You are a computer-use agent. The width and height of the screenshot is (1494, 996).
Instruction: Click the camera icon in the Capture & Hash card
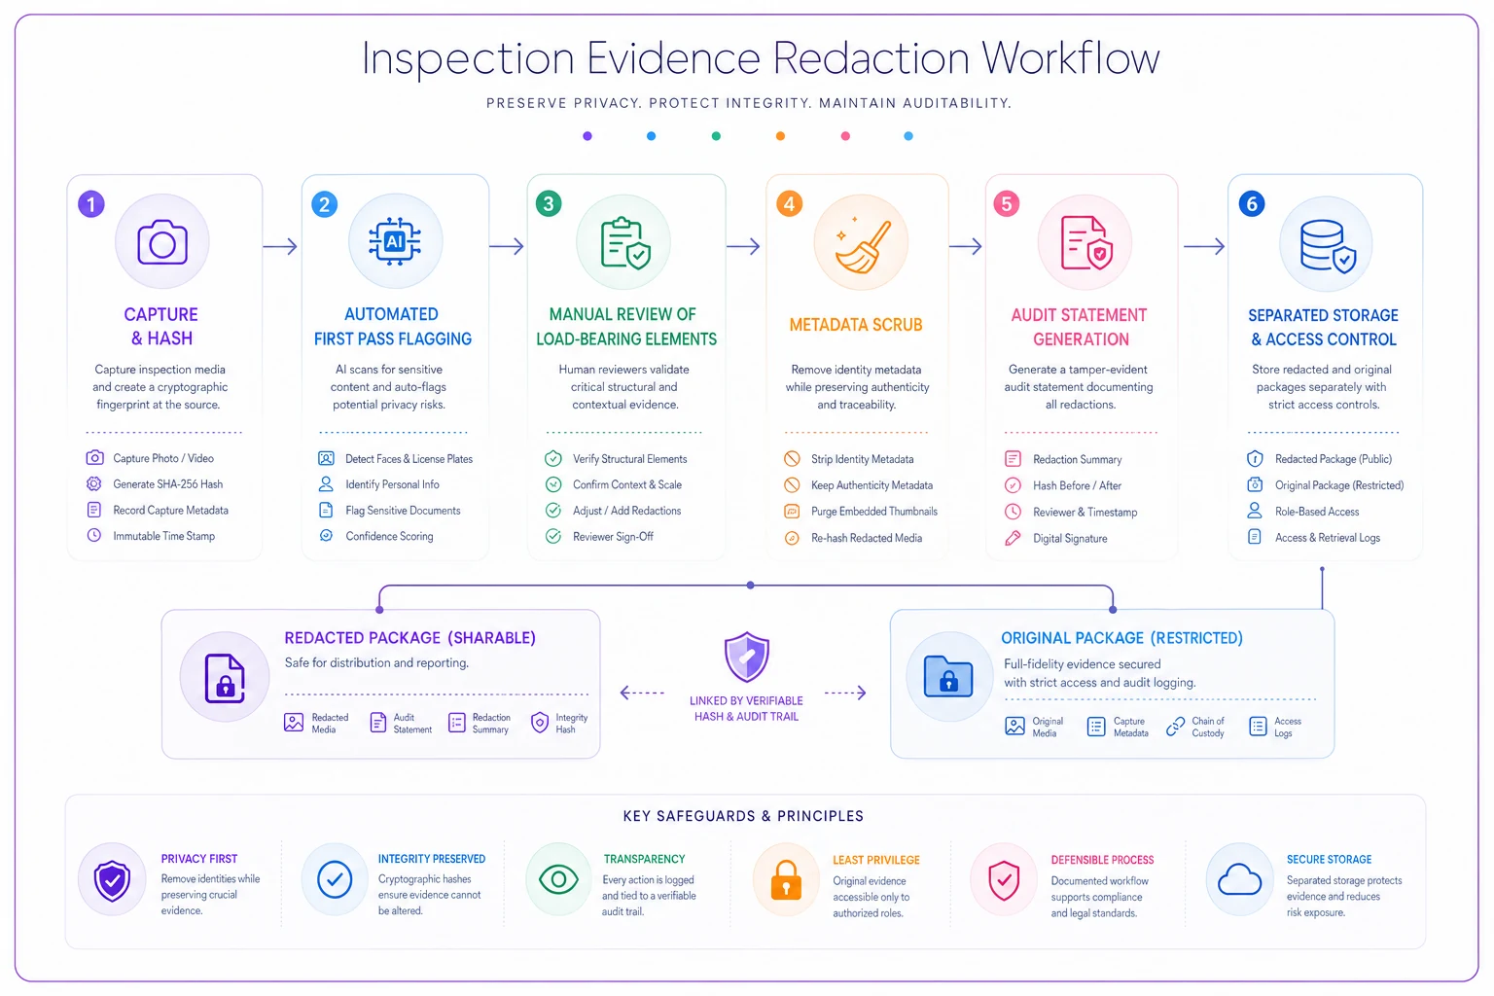click(x=162, y=243)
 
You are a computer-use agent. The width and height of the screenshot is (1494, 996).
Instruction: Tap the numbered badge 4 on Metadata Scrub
click(x=789, y=203)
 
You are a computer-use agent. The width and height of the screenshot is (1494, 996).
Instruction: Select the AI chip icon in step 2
click(x=395, y=241)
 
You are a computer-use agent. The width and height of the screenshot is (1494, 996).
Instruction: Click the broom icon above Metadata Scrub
click(x=861, y=246)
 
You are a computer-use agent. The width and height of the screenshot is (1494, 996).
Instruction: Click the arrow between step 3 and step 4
click(x=743, y=246)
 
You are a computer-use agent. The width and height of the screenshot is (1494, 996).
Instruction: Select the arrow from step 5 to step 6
click(x=1204, y=246)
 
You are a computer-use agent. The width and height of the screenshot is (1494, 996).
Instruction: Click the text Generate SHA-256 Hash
click(x=167, y=484)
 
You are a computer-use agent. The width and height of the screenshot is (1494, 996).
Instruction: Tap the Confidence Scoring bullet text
click(x=389, y=536)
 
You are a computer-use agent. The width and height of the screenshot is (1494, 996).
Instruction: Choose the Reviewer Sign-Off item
click(x=613, y=536)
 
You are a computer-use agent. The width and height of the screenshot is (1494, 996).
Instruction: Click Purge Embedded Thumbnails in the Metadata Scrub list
click(x=873, y=511)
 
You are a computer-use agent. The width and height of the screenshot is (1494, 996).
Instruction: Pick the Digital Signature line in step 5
click(x=1070, y=538)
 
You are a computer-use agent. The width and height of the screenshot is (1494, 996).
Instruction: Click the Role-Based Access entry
click(x=1317, y=512)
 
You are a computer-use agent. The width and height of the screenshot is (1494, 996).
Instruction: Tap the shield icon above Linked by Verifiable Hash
click(x=746, y=658)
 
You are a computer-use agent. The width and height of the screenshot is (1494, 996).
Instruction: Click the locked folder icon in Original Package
click(x=947, y=676)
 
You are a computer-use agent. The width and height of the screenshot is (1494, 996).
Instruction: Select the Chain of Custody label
click(x=1208, y=728)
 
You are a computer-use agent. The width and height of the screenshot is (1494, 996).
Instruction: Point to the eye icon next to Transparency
click(x=558, y=879)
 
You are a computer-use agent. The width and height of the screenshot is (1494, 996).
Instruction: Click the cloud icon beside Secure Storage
click(x=1239, y=879)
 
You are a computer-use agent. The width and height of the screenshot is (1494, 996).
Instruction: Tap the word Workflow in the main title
click(x=1071, y=58)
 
